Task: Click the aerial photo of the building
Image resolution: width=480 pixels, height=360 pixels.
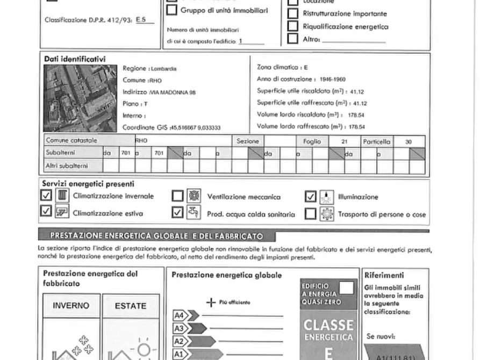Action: pyautogui.click(x=80, y=98)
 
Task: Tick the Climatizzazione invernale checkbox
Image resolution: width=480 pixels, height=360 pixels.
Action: pyautogui.click(x=47, y=196)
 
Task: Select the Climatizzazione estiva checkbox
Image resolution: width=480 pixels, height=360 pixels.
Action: pyautogui.click(x=47, y=212)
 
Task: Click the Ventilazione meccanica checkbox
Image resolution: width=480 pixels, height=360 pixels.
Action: pyautogui.click(x=178, y=196)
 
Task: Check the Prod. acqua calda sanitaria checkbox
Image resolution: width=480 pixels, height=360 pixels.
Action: pyautogui.click(x=178, y=213)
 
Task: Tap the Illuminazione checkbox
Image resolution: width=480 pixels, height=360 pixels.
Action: pyautogui.click(x=310, y=197)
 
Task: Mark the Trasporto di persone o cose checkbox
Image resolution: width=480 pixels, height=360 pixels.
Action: pyautogui.click(x=310, y=214)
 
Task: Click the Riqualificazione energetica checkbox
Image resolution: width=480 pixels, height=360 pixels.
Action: pyautogui.click(x=293, y=26)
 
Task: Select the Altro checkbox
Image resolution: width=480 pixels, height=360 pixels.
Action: pyautogui.click(x=293, y=39)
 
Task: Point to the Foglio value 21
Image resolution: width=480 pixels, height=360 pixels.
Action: pyautogui.click(x=344, y=141)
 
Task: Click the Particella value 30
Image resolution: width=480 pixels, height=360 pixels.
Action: pyautogui.click(x=409, y=141)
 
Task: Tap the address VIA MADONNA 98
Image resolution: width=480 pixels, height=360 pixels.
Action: pyautogui.click(x=173, y=92)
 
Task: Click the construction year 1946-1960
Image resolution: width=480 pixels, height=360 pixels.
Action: pyautogui.click(x=332, y=80)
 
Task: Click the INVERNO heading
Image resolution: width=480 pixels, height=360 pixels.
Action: pyautogui.click(x=71, y=306)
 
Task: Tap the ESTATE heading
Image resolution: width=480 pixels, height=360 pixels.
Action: pyautogui.click(x=131, y=306)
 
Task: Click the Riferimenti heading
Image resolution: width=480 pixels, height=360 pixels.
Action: pyautogui.click(x=384, y=275)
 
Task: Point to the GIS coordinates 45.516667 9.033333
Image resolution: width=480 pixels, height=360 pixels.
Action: pyautogui.click(x=196, y=127)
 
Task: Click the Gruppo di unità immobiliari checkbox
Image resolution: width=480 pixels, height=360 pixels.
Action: pyautogui.click(x=172, y=10)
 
